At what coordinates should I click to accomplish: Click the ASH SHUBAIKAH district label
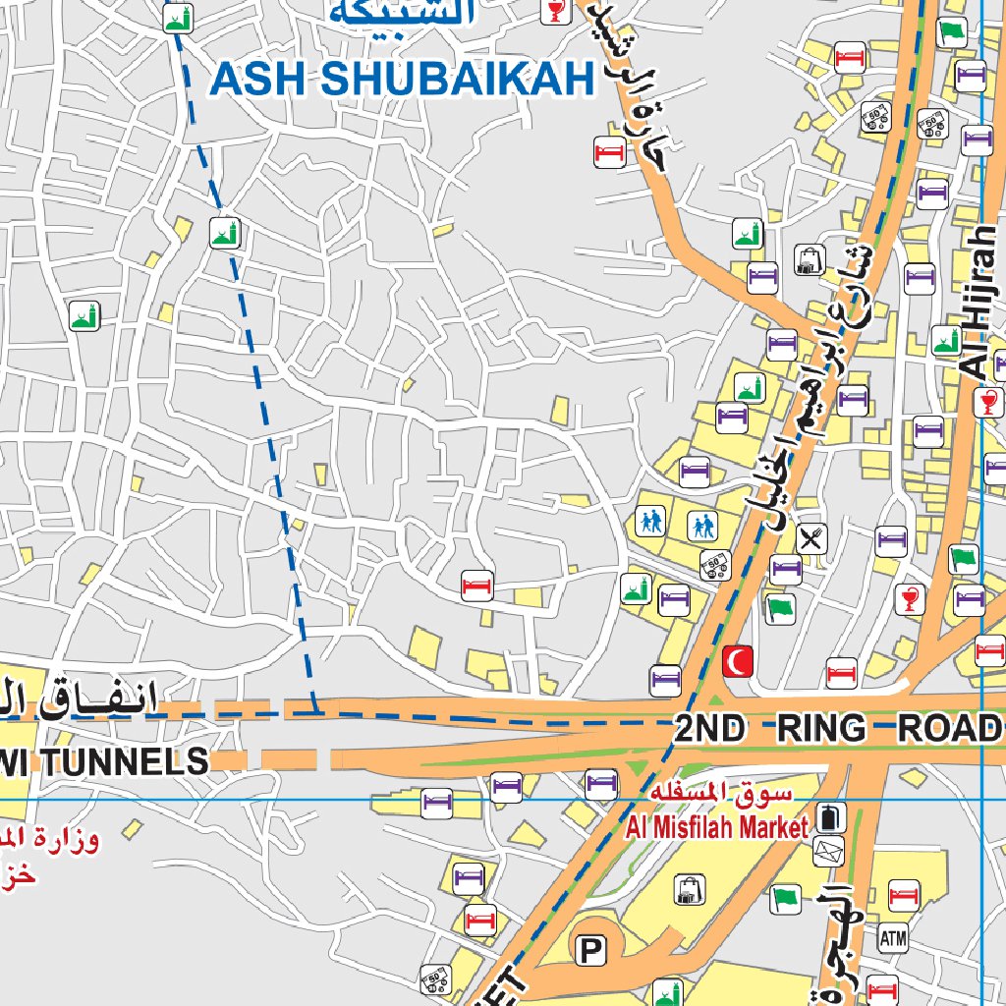[403, 80]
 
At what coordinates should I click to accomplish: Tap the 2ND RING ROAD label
[838, 729]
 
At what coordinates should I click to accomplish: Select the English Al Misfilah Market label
[716, 827]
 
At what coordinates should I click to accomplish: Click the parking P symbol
[590, 950]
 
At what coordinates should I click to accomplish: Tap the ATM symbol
[893, 938]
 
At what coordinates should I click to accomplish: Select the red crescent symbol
[738, 660]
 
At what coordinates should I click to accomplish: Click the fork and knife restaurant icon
[812, 537]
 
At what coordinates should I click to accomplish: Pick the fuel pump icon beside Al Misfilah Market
[830, 818]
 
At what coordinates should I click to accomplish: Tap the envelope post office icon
[829, 851]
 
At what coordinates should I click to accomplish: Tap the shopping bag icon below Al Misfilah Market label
[689, 890]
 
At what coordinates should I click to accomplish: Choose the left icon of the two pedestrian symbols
[649, 521]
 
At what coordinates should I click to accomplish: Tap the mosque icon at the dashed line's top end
[178, 17]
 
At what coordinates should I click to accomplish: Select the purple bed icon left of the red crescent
[666, 678]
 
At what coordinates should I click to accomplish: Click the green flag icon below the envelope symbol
[786, 896]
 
